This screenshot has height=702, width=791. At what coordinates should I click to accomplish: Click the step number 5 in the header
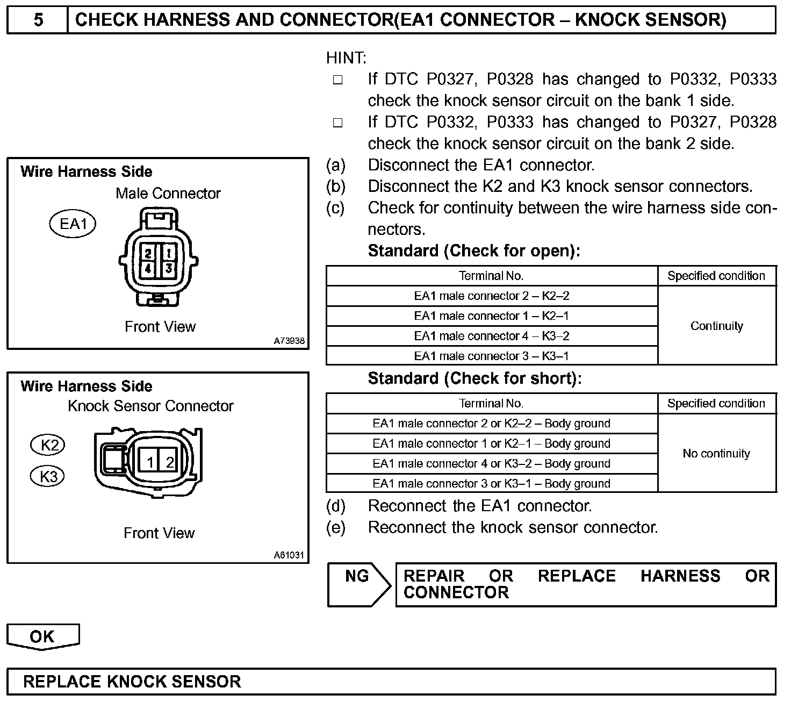(38, 20)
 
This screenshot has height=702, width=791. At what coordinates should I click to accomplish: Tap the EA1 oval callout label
(73, 224)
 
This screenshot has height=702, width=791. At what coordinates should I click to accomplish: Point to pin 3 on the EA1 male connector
(168, 268)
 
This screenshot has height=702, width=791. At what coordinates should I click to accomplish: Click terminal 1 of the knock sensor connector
(150, 462)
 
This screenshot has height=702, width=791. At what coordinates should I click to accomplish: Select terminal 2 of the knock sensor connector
(170, 462)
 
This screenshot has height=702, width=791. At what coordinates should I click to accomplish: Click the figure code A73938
(289, 341)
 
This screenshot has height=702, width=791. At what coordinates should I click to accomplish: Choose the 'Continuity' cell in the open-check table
(716, 326)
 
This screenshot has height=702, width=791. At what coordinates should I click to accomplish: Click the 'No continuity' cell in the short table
(716, 453)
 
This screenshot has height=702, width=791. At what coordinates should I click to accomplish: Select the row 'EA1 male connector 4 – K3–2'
(491, 336)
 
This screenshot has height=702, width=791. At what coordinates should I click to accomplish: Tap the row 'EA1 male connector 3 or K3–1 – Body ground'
(491, 483)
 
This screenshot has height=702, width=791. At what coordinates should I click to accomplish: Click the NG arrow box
(358, 584)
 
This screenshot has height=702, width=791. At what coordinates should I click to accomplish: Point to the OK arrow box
(42, 636)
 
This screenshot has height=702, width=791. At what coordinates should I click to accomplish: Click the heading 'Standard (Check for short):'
(474, 378)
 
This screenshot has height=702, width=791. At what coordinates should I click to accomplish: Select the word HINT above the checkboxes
(346, 58)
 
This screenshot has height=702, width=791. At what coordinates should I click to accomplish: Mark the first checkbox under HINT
(337, 80)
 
